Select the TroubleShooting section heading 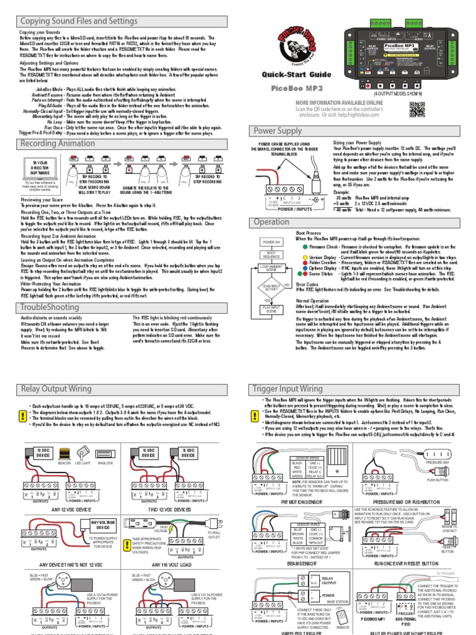tap(50, 307)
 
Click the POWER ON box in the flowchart tap(271, 242)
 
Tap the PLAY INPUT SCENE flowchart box tap(271, 308)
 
